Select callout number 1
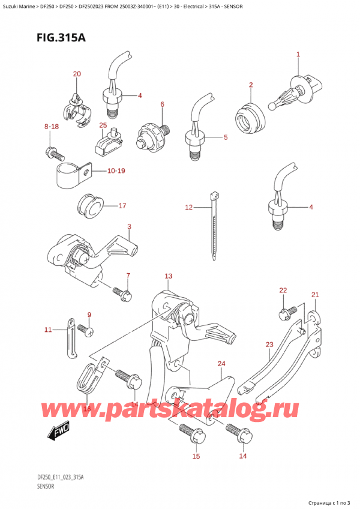coord(298,55)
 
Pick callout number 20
coord(76,74)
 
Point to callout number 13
coord(169,276)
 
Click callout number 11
coord(49,330)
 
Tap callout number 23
coord(269,345)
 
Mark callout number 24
coord(221,364)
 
